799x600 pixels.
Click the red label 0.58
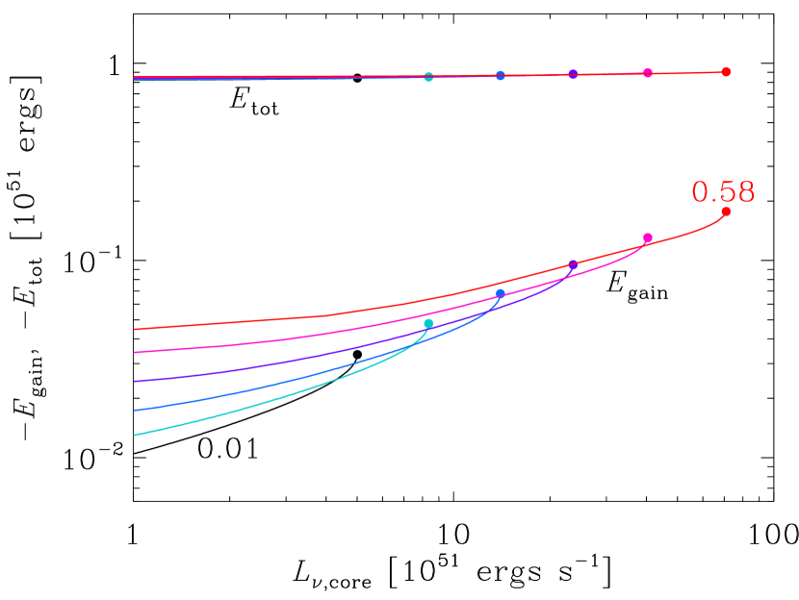[x=723, y=192]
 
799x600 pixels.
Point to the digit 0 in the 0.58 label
[x=701, y=192]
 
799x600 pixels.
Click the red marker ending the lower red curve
[x=726, y=212]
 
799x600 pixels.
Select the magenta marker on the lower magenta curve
[x=648, y=237]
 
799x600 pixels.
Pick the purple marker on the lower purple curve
[x=573, y=264]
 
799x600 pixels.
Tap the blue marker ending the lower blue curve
[x=501, y=293]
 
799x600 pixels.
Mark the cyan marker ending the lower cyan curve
[x=428, y=324]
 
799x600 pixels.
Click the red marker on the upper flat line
[x=726, y=72]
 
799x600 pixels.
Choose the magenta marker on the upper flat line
[x=648, y=73]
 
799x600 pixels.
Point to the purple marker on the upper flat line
[x=573, y=74]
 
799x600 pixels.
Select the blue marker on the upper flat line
[x=501, y=75]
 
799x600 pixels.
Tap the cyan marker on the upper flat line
[x=428, y=77]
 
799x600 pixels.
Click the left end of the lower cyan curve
[x=135, y=435]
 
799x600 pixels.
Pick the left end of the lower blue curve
[x=135, y=410]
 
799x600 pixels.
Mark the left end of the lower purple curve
[x=135, y=381]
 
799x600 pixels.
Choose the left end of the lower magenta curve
[x=135, y=352]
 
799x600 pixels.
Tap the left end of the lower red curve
[x=135, y=329]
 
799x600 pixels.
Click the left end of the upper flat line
[x=135, y=78]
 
